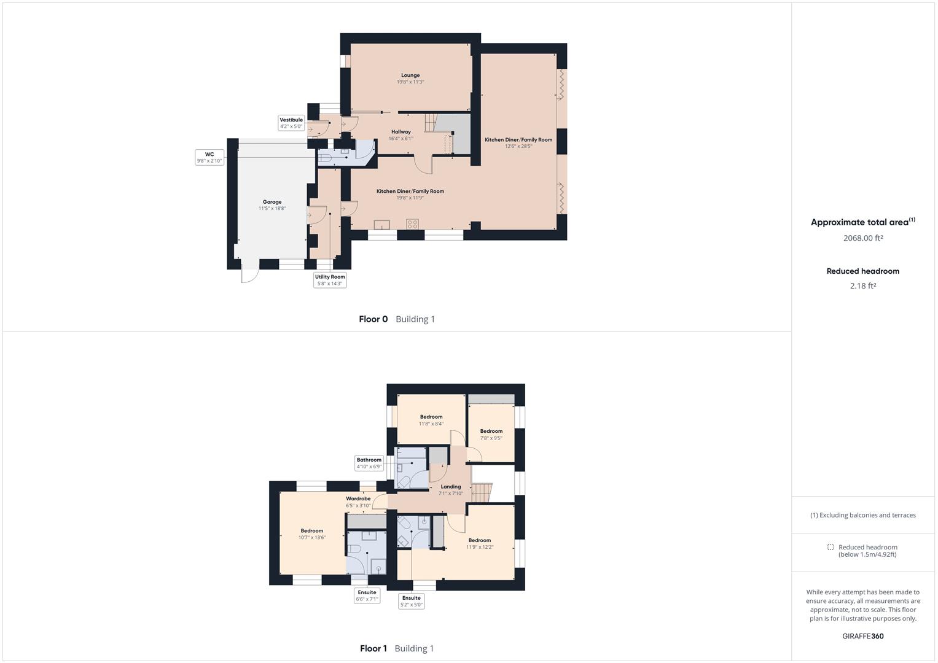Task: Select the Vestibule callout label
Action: tap(291, 123)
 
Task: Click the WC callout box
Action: tap(209, 157)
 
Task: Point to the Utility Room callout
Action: tap(330, 280)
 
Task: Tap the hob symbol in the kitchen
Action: tap(412, 224)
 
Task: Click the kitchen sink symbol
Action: tap(382, 225)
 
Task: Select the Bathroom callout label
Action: tap(369, 463)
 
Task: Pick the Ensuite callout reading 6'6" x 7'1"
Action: tap(367, 595)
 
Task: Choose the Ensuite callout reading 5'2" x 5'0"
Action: tap(411, 601)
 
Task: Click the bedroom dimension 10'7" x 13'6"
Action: tap(312, 537)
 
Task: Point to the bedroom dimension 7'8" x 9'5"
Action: tap(491, 438)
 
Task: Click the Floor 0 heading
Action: tap(373, 319)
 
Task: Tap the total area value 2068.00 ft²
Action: tap(863, 238)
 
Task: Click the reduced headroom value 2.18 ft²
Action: tap(863, 286)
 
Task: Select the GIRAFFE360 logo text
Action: tap(863, 636)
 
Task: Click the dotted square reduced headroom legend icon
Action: tap(831, 547)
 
